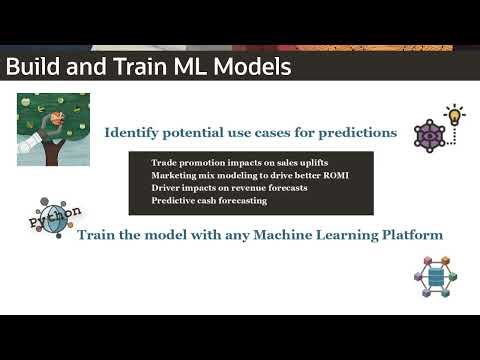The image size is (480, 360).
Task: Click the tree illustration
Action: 53,129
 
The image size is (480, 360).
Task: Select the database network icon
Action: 433,277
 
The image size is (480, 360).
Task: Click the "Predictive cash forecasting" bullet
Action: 209,201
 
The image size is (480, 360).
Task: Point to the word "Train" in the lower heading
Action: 97,236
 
